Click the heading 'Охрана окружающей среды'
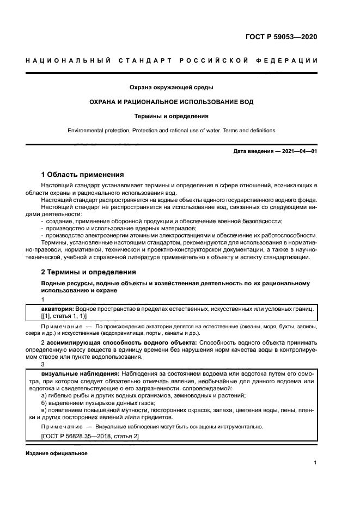(x=171, y=87)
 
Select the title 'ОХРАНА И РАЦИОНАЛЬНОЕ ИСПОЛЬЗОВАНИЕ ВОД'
(x=171, y=102)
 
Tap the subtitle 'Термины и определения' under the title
(x=171, y=116)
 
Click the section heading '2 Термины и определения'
(x=89, y=272)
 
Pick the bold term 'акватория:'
(x=58, y=309)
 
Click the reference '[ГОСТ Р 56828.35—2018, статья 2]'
(x=90, y=437)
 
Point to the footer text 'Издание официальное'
(x=57, y=453)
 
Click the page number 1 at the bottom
(x=315, y=463)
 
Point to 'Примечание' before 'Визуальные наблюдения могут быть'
(x=61, y=427)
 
